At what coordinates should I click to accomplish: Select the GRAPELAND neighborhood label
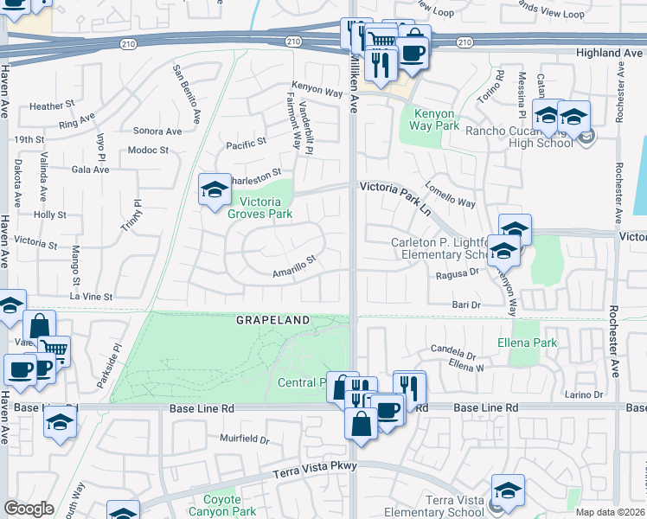point(273,320)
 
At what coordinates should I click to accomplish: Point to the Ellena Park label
point(534,342)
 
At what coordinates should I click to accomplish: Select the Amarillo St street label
point(294,260)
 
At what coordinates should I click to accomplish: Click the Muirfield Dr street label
point(244,439)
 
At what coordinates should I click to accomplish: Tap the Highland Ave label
point(609,53)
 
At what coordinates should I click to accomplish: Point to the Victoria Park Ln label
point(395,186)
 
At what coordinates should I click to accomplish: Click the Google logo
point(29,509)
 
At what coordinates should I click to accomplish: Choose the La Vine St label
point(91,297)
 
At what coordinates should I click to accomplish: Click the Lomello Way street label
point(450,195)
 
